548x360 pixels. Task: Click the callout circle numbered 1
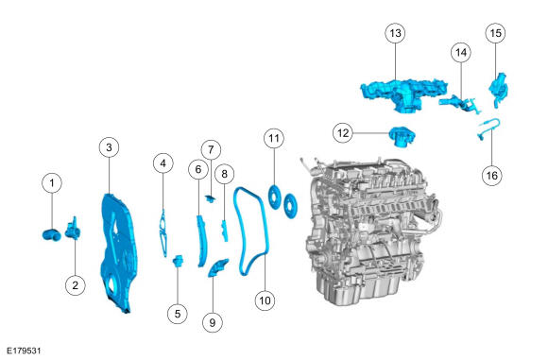pyautogui.click(x=52, y=182)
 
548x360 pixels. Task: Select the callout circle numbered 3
pyautogui.click(x=109, y=147)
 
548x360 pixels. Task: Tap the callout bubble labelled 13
pyautogui.click(x=395, y=33)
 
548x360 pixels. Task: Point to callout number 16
pyautogui.click(x=491, y=175)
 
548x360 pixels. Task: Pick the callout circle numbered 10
pyautogui.click(x=265, y=300)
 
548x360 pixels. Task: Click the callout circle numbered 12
pyautogui.click(x=343, y=133)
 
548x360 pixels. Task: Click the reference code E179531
pyautogui.click(x=25, y=351)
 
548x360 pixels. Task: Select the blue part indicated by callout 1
pyautogui.click(x=51, y=235)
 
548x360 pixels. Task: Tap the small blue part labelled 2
pyautogui.click(x=73, y=229)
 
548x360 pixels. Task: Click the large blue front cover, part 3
pyautogui.click(x=119, y=251)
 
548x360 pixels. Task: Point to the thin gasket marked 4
pyautogui.click(x=163, y=233)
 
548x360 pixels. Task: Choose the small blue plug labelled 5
pyautogui.click(x=179, y=261)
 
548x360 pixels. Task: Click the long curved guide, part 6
pyautogui.click(x=201, y=241)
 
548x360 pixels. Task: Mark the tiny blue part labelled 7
pyautogui.click(x=211, y=199)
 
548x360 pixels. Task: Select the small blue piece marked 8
pyautogui.click(x=224, y=231)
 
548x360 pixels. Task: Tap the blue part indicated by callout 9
pyautogui.click(x=217, y=268)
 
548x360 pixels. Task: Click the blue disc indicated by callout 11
pyautogui.click(x=274, y=197)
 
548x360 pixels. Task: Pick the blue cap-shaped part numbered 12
pyautogui.click(x=402, y=137)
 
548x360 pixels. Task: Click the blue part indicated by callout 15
pyautogui.click(x=498, y=90)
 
